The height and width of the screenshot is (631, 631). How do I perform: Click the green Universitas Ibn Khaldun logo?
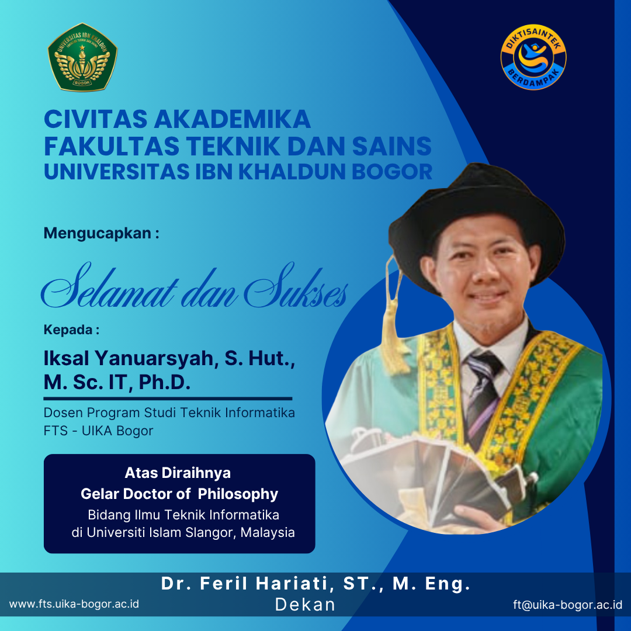coord(82,57)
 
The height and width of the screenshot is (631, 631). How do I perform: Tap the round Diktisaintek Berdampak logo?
coord(533,57)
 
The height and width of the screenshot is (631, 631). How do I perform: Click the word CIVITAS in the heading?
coord(96,119)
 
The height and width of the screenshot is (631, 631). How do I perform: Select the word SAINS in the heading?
coord(391,145)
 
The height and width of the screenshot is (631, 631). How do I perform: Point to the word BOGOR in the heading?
coord(392,171)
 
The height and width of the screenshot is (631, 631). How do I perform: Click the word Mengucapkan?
coord(98,233)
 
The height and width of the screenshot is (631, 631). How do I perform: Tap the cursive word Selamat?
coord(109,286)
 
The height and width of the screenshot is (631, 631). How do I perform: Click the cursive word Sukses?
coord(296,286)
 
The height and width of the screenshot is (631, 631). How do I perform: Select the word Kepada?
coord(68,330)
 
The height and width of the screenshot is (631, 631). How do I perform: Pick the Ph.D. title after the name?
coord(165,382)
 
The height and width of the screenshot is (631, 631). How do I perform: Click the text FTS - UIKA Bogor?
coord(98,431)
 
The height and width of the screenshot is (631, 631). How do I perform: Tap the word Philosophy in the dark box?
coord(238,494)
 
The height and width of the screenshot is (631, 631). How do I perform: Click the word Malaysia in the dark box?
coord(268,532)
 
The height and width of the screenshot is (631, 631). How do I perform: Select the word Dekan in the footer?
coord(305,605)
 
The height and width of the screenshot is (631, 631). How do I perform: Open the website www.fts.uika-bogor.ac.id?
coord(74,604)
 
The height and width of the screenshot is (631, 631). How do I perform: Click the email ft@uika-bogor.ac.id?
coord(568,605)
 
